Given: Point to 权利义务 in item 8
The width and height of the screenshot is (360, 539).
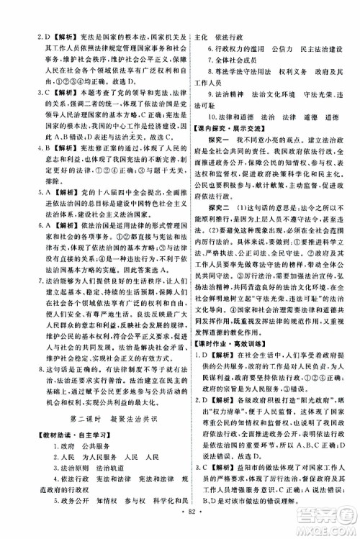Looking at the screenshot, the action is click(x=278, y=78).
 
